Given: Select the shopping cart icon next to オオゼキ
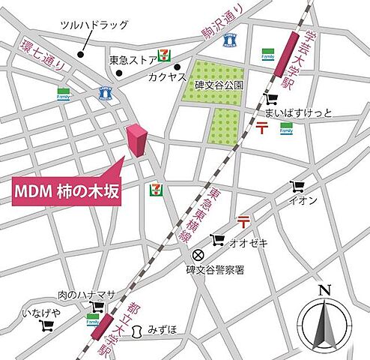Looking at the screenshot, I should pos(218,240).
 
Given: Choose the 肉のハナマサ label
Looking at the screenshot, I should pos(80,295).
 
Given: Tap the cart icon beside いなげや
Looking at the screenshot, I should pos(49,325).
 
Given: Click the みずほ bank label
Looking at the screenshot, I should pos(161,328).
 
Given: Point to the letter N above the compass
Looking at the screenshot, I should pos(324,289).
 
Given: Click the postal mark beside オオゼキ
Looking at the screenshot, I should pos(243,220).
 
